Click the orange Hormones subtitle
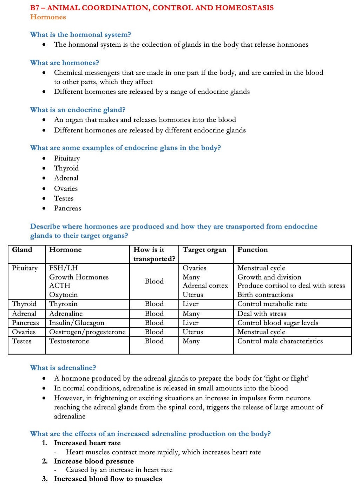48,17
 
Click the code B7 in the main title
35,8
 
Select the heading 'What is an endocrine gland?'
78,110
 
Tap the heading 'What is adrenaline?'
63,368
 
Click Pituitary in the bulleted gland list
67,158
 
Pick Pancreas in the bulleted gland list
67,208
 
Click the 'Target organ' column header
204,250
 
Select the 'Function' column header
252,250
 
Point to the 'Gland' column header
22,250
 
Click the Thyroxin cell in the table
63,304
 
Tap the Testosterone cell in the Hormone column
69,341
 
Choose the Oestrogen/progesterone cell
87,332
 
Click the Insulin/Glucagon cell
77,323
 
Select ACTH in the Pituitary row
60,286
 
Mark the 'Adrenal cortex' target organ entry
205,286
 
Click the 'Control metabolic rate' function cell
272,304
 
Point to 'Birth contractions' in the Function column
265,295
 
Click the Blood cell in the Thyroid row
154,304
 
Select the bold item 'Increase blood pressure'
94,461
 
